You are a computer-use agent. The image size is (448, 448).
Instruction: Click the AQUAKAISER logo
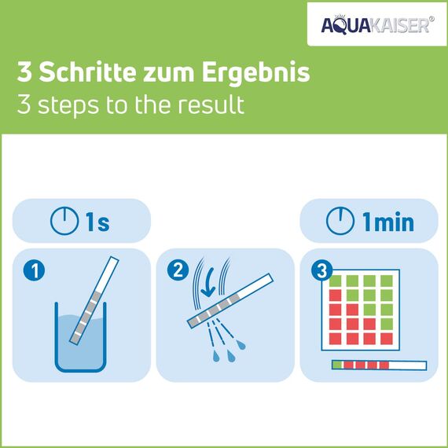(x=375, y=25)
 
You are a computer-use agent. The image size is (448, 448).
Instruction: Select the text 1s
(x=97, y=222)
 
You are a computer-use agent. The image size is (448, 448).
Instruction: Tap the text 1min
(x=387, y=222)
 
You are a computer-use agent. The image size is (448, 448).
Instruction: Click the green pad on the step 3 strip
(x=338, y=365)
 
